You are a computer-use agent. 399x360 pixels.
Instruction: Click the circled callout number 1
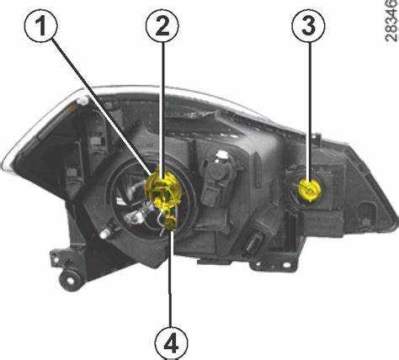[x=41, y=25]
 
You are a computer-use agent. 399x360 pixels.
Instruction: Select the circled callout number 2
[x=162, y=25]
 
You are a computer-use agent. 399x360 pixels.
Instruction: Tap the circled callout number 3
[x=309, y=25]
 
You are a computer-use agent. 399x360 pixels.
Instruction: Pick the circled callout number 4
[x=171, y=341]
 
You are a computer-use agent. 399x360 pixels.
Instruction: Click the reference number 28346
[x=392, y=21]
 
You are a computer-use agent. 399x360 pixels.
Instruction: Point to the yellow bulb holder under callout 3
[x=309, y=190]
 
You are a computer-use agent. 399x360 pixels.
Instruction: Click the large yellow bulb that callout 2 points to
[x=162, y=188]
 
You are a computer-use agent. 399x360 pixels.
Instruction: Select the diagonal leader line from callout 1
[x=101, y=107]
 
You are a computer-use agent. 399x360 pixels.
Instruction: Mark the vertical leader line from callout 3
[x=310, y=112]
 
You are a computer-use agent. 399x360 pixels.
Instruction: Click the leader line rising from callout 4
[x=171, y=278]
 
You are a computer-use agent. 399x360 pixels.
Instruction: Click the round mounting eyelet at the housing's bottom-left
[x=69, y=280]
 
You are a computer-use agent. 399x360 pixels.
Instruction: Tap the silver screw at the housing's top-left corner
[x=83, y=100]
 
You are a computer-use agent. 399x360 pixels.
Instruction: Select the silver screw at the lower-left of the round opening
[x=104, y=233]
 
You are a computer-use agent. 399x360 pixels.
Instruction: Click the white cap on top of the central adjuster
[x=222, y=155]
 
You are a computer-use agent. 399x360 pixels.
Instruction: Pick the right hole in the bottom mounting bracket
[x=286, y=265]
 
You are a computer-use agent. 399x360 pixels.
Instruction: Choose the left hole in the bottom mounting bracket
[x=258, y=264]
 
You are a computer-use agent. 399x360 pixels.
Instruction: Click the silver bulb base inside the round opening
[x=135, y=217]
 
